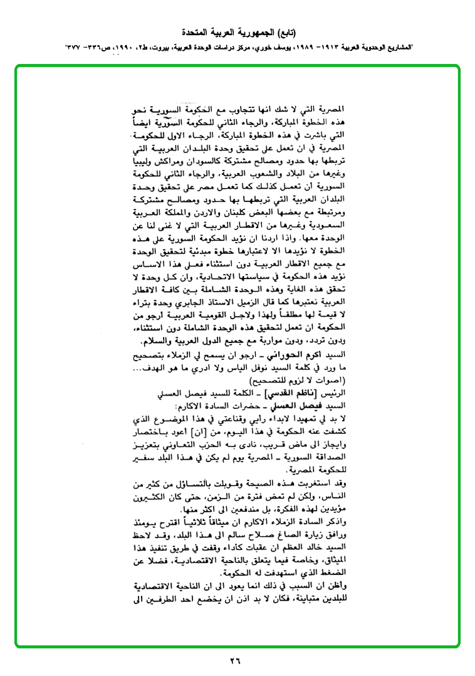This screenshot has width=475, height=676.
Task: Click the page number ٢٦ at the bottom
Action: point(236,660)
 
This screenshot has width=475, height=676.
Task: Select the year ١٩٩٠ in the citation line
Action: point(125,47)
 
